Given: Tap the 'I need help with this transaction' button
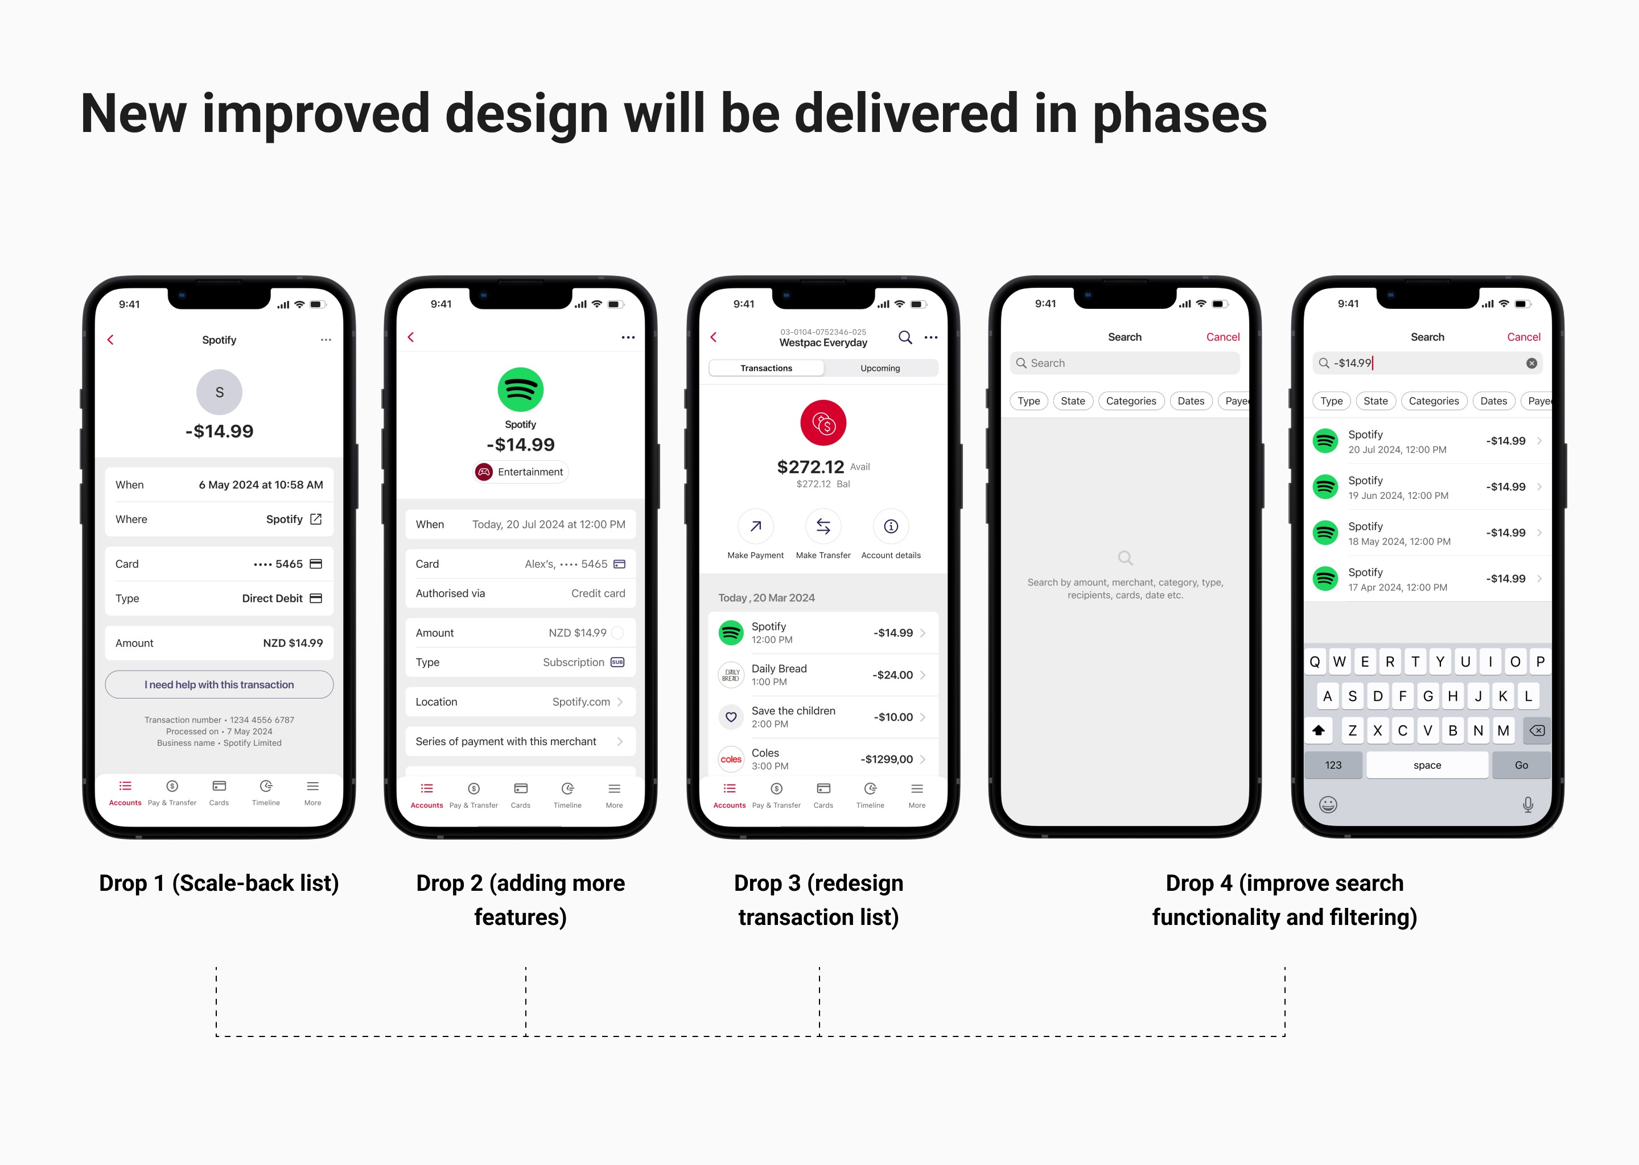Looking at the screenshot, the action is click(219, 684).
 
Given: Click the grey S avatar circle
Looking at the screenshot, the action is click(219, 392).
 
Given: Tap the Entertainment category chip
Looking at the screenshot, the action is click(520, 472).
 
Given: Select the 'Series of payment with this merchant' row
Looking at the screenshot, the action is click(520, 741).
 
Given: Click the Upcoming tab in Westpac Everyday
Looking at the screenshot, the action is click(880, 368).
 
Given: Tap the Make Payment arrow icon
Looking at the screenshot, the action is click(756, 527).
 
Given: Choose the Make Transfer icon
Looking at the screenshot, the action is click(823, 527).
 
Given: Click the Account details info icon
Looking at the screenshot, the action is click(891, 527).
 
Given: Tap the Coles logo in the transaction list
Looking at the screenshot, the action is click(731, 759).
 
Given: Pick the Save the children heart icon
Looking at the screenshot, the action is click(731, 717).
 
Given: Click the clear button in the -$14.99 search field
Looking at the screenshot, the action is click(1531, 363).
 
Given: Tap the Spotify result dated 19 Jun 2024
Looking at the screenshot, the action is click(1427, 487).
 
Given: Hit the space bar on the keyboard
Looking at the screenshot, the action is click(1427, 765).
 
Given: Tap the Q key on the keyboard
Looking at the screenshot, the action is click(1315, 662).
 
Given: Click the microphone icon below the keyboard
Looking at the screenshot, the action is click(1528, 805).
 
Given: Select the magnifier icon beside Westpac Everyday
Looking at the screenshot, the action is click(905, 337).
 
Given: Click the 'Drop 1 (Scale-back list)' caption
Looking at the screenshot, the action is click(219, 883).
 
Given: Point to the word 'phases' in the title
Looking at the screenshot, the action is click(1180, 114).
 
